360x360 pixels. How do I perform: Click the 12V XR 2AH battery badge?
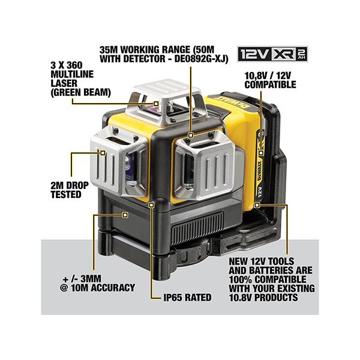tap(272, 54)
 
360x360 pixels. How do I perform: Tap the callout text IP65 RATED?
tap(187, 298)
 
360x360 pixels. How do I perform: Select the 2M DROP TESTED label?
tap(70, 190)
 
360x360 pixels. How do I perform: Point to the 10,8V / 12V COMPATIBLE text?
tap(270, 80)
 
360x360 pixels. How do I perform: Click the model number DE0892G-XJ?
tap(201, 59)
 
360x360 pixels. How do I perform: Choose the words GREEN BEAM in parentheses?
tap(80, 93)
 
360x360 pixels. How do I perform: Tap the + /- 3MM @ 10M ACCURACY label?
tap(97, 283)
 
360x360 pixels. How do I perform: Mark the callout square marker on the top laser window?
tap(156, 104)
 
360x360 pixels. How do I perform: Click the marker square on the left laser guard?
tap(103, 153)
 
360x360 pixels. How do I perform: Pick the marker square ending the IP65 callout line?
tap(151, 205)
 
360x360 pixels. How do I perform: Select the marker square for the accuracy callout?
tap(125, 215)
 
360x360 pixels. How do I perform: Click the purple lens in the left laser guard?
tap(129, 166)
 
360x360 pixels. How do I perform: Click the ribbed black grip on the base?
tap(197, 229)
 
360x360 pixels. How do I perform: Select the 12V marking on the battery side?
tap(260, 192)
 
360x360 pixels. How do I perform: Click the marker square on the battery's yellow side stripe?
tap(261, 153)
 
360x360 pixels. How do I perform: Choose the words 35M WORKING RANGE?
tap(145, 50)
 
